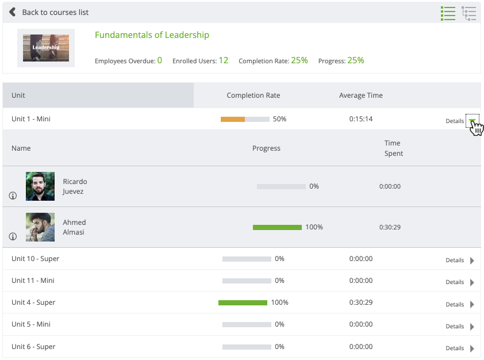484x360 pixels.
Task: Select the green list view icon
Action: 448,13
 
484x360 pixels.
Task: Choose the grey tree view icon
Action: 469,13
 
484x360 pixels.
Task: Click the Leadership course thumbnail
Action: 46,48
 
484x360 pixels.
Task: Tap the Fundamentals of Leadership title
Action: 152,35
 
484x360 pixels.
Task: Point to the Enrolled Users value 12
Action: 223,60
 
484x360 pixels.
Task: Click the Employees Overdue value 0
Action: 159,60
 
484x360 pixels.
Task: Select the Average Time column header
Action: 360,95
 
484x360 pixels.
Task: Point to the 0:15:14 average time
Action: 360,119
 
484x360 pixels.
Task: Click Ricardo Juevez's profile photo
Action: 40,186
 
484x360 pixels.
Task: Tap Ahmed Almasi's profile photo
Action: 40,227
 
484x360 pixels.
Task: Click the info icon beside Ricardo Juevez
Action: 13,196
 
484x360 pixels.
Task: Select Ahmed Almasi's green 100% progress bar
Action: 277,227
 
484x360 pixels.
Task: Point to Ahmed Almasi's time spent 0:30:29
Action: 390,227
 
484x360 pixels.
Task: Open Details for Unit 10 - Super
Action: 460,261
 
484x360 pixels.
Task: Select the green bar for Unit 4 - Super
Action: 243,302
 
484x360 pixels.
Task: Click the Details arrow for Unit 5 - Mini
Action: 472,327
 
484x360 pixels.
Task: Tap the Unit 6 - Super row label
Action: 33,347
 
